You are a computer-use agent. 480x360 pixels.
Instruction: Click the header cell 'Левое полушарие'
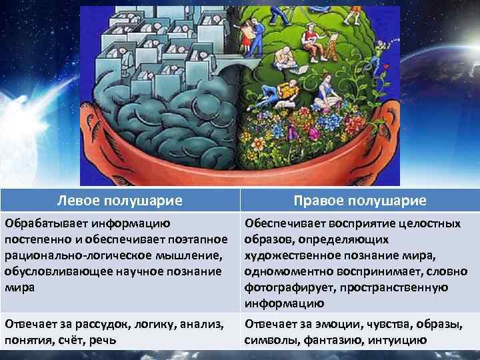point(120,200)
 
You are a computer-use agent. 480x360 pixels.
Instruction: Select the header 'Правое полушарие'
point(360,201)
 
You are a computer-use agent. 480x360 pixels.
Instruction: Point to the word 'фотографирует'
point(289,287)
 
